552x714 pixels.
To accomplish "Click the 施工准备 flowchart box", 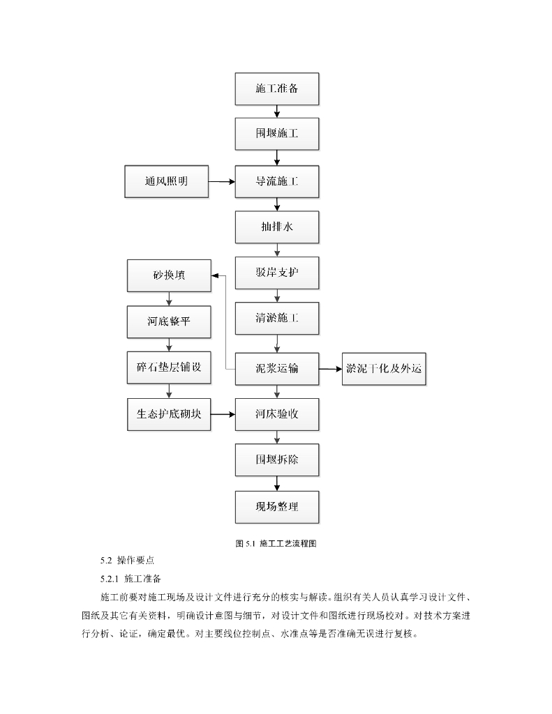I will click(x=277, y=89).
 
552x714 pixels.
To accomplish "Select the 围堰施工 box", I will click(x=277, y=133).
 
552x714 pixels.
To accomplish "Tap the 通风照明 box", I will click(x=167, y=181).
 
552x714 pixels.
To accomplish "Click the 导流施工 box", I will click(x=277, y=181).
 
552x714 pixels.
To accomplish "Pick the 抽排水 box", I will click(x=277, y=227).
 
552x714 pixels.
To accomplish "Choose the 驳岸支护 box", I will click(x=277, y=273).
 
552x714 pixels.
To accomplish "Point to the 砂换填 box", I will click(x=169, y=275).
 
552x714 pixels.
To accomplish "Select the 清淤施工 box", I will click(x=277, y=319).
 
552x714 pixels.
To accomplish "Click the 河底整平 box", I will click(x=169, y=321).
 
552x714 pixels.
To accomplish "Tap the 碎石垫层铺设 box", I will click(x=169, y=367).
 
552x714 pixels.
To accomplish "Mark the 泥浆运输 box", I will click(x=277, y=368).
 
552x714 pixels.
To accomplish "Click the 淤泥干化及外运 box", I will click(x=384, y=368).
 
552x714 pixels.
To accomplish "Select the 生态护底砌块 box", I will click(x=169, y=414).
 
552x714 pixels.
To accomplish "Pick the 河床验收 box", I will click(x=277, y=414).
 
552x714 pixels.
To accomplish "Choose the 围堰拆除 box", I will click(x=277, y=460).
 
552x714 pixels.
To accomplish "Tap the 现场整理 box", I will click(x=277, y=506).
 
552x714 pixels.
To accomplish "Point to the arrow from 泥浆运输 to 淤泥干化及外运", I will click(x=330, y=368).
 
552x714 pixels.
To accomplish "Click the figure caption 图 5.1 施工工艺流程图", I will click(x=277, y=542).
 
